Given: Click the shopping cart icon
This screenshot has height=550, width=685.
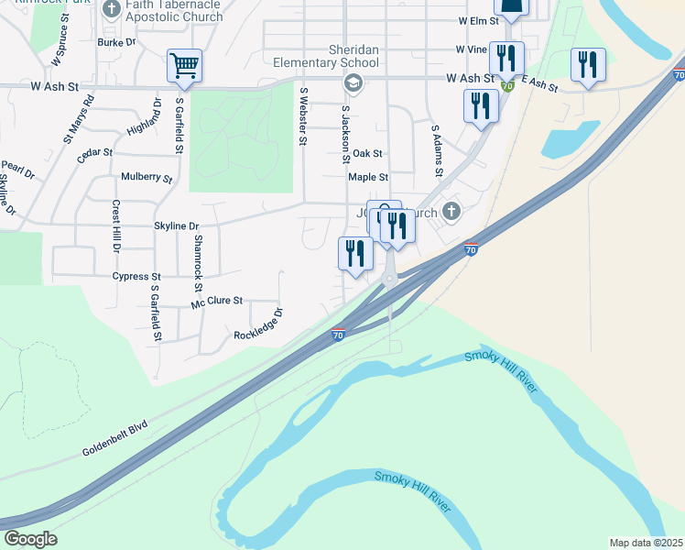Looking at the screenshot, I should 184,66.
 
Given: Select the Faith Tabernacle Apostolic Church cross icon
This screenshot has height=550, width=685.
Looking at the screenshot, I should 112,10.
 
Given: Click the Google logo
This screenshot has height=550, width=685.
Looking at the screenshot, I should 30,539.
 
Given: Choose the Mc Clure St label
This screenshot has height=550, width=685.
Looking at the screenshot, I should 217,301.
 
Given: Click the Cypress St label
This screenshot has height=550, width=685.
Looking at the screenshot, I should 136,276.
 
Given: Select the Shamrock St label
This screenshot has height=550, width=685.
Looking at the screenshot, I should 197,258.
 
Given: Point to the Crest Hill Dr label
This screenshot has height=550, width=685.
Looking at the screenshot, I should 116,227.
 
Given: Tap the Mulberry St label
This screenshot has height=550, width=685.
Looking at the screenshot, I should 147,177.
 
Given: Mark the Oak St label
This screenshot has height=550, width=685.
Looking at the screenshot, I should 367,154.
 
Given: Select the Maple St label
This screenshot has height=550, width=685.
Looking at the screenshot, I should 368,177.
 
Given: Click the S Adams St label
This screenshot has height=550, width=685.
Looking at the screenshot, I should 437,152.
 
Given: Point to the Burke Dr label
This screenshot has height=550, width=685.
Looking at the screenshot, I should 116,42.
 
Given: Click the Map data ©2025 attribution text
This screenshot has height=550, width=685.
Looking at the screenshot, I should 646,543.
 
